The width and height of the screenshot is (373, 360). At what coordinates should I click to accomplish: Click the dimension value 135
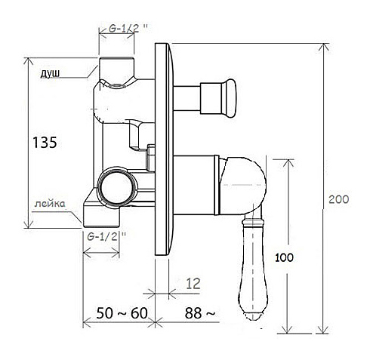pyautogui.click(x=45, y=143)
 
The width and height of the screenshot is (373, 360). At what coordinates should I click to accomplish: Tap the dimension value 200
pyautogui.click(x=339, y=199)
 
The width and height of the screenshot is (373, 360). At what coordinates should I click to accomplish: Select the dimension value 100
pyautogui.click(x=284, y=257)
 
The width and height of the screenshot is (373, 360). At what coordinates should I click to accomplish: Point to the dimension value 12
pyautogui.click(x=193, y=284)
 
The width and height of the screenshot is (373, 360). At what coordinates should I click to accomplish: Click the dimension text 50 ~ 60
pyautogui.click(x=122, y=313)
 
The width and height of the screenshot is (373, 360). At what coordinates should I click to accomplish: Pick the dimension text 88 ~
pyautogui.click(x=200, y=313)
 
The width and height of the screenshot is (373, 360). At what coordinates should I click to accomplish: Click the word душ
pyautogui.click(x=50, y=73)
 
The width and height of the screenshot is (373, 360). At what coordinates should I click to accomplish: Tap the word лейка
pyautogui.click(x=50, y=204)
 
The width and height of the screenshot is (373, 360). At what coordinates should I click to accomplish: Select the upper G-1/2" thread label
pyautogui.click(x=128, y=29)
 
